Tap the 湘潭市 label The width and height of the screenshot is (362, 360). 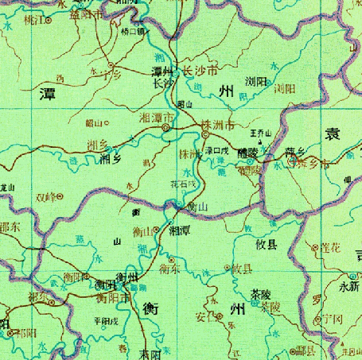pos(154,117)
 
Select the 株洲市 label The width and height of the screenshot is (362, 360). pos(217,126)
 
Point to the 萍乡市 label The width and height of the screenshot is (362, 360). pos(306,165)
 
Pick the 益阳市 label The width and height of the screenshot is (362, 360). pos(86,14)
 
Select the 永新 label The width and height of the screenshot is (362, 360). pos(349,285)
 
